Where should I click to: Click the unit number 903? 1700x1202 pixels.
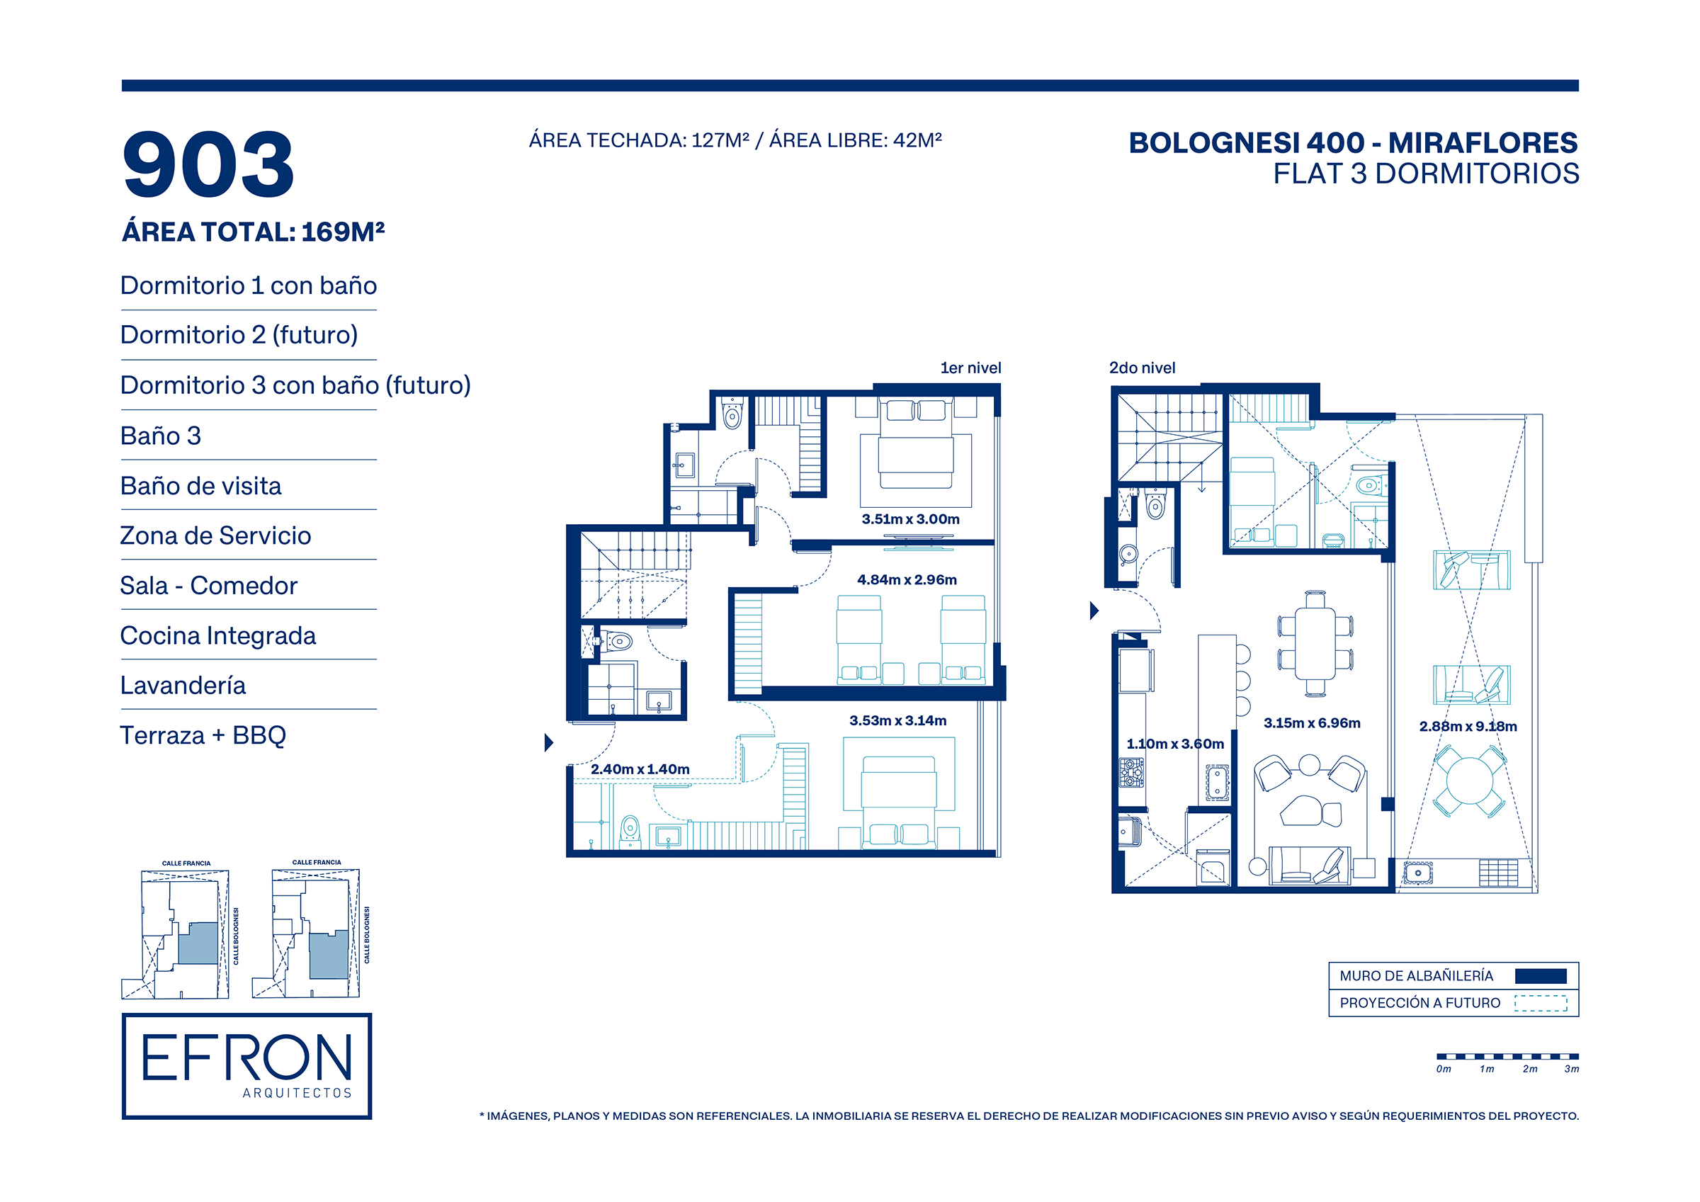(x=208, y=164)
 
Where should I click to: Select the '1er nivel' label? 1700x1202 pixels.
(x=970, y=368)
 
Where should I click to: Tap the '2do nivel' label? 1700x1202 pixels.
(x=1142, y=368)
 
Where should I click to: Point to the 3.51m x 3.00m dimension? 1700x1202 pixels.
(x=910, y=519)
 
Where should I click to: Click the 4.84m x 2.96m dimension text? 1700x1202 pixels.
(x=906, y=580)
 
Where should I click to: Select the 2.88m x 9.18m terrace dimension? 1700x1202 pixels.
(x=1468, y=727)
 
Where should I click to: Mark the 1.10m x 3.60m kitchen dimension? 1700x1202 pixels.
(x=1175, y=744)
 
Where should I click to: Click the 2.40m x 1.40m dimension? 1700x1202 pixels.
(x=640, y=769)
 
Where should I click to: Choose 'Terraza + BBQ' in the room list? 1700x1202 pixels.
(x=203, y=735)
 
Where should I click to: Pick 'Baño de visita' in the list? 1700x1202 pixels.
(x=200, y=486)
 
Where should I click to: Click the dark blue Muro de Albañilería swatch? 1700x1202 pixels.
(x=1540, y=976)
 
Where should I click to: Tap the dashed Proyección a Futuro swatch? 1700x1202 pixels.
(x=1540, y=1003)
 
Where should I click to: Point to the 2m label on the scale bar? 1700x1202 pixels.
(x=1530, y=1070)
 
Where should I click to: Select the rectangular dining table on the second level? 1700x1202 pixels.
(x=1314, y=643)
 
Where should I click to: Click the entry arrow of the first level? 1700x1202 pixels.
(x=549, y=742)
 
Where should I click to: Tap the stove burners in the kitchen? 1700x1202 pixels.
(x=1131, y=773)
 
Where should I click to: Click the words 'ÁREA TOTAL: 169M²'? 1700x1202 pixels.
(x=253, y=232)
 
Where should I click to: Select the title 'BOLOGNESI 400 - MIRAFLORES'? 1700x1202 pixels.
(x=1353, y=143)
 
